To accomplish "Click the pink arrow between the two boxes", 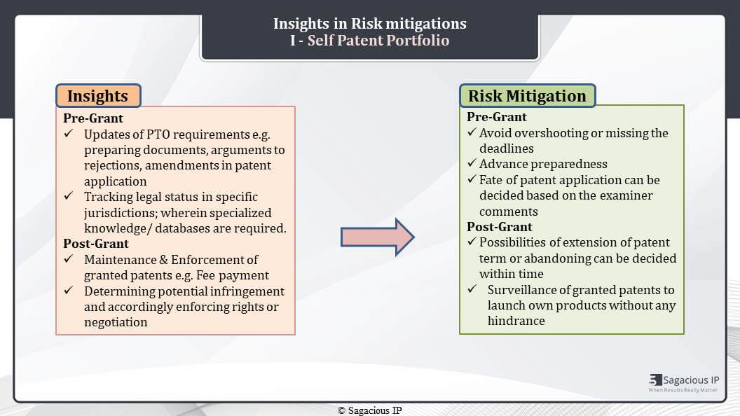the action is (378, 237).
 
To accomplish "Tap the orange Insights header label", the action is (98, 96).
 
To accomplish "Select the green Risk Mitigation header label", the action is (527, 96).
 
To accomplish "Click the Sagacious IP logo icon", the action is (655, 380).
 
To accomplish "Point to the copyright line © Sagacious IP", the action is (370, 410).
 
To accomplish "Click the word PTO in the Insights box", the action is (158, 134).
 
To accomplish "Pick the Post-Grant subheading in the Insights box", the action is (96, 244).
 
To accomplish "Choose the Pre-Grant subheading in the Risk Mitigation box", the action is (496, 116).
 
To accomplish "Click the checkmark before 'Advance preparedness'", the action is (472, 163).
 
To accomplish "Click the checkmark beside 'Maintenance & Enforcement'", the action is (69, 259).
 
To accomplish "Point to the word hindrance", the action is (516, 321).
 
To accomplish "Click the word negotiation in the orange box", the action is (116, 322).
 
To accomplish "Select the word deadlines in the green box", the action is (507, 148).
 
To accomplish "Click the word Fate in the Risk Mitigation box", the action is (491, 180).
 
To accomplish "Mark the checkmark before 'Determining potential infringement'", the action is (69, 290).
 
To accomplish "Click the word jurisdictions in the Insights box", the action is (121, 213).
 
